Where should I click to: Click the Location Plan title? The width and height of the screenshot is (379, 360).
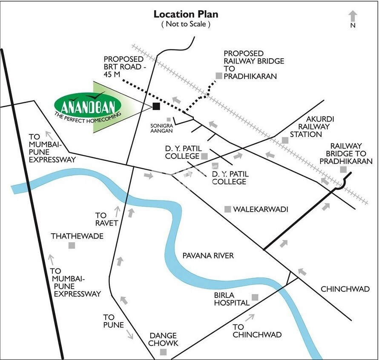[186, 14]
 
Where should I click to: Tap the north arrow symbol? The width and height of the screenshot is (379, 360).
[353, 17]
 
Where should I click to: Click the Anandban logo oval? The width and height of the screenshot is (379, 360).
[88, 105]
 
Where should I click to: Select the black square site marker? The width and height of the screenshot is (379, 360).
[156, 106]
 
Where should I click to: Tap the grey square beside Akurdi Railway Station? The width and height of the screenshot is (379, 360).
[285, 140]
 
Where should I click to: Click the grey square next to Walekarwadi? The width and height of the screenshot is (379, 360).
[228, 209]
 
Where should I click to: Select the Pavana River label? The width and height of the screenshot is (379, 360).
[208, 255]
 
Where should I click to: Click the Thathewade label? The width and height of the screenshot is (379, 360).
[77, 236]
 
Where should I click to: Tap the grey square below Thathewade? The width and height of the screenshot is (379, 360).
[72, 245]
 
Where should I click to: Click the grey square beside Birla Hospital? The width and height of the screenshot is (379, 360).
[255, 297]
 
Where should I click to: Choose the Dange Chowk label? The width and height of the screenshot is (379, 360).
[163, 339]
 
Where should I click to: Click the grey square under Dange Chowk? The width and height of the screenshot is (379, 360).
[163, 352]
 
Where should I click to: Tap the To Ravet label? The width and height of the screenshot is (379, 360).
[103, 219]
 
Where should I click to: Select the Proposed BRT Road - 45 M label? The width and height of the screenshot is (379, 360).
[124, 66]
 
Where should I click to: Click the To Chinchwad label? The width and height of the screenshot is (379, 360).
[257, 331]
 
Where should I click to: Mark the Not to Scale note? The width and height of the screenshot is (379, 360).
[186, 24]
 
